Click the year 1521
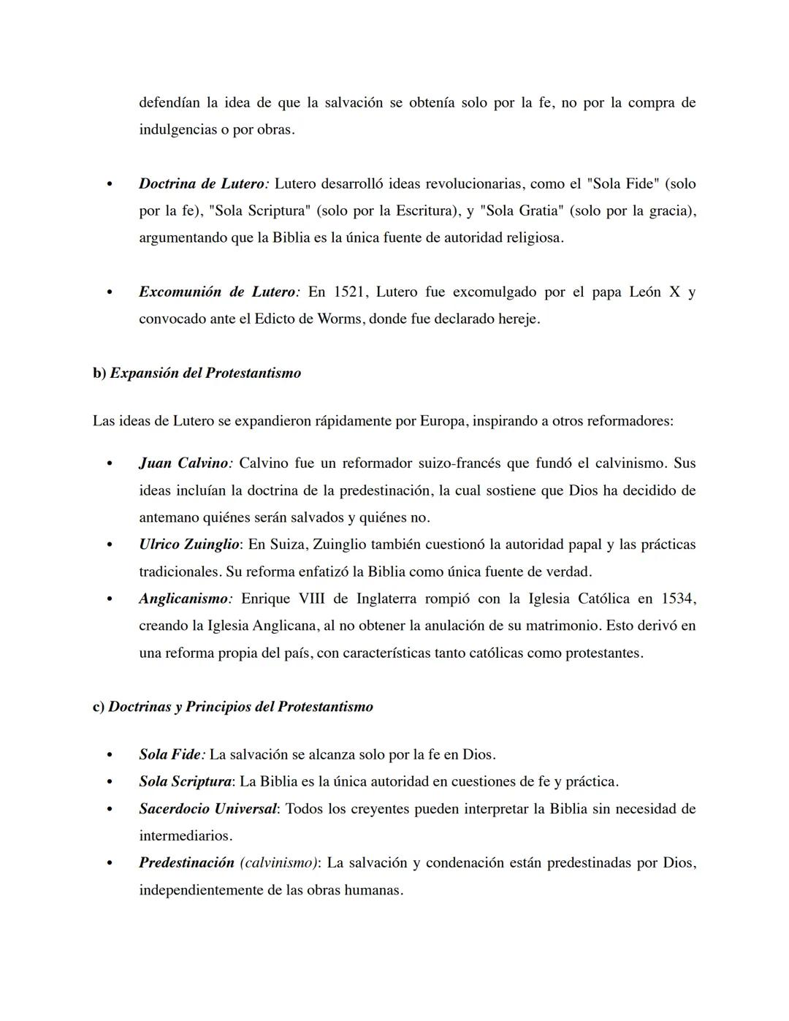click(x=351, y=292)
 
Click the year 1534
click(x=677, y=599)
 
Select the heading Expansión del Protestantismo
click(x=205, y=373)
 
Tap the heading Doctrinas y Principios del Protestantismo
click(x=240, y=707)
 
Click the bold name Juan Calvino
click(x=184, y=463)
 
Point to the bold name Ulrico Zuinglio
click(x=188, y=544)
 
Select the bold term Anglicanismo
click(x=184, y=599)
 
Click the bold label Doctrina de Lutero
click(x=202, y=184)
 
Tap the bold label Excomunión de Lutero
click(x=217, y=292)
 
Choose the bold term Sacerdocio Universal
click(x=207, y=809)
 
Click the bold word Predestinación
click(x=186, y=863)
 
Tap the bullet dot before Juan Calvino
click(x=110, y=464)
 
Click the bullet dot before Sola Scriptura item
click(x=110, y=783)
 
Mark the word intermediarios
click(x=185, y=836)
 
